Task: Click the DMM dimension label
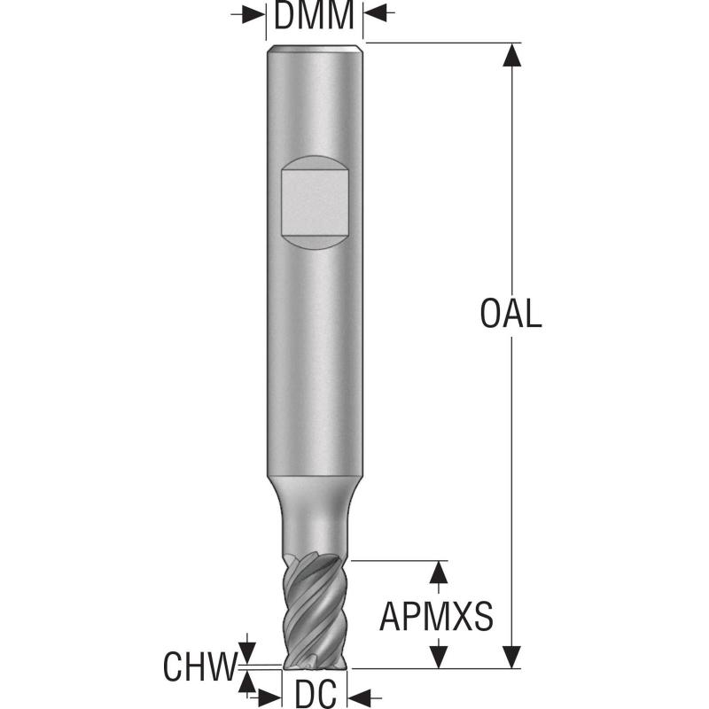point(315,15)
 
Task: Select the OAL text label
point(510,314)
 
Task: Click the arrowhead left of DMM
point(256,15)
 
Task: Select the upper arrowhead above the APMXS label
point(437,572)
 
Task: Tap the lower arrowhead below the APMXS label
point(437,657)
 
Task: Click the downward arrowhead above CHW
point(247,651)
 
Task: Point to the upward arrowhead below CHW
point(247,680)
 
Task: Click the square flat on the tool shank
point(314,202)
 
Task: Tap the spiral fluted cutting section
point(315,612)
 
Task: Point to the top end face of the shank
point(315,48)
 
